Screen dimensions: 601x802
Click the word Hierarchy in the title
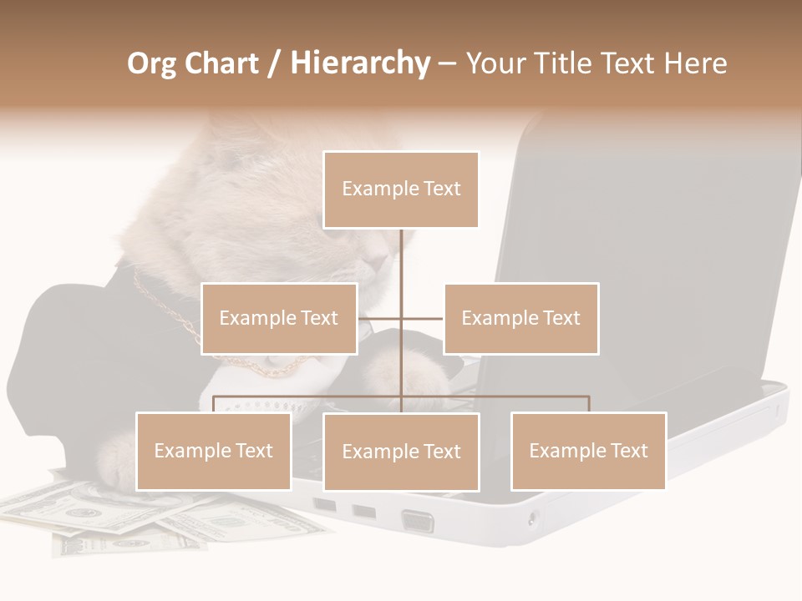point(360,63)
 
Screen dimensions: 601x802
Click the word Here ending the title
point(695,63)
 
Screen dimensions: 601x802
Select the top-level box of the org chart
point(401,189)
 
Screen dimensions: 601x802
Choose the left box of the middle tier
point(279,318)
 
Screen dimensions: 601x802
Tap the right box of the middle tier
point(520,318)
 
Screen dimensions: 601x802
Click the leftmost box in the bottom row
point(213,451)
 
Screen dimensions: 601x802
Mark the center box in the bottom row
point(401,452)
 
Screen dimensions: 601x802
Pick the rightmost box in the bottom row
point(588,451)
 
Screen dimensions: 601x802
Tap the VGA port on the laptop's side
point(417,522)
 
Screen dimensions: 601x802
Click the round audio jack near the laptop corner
point(532,518)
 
